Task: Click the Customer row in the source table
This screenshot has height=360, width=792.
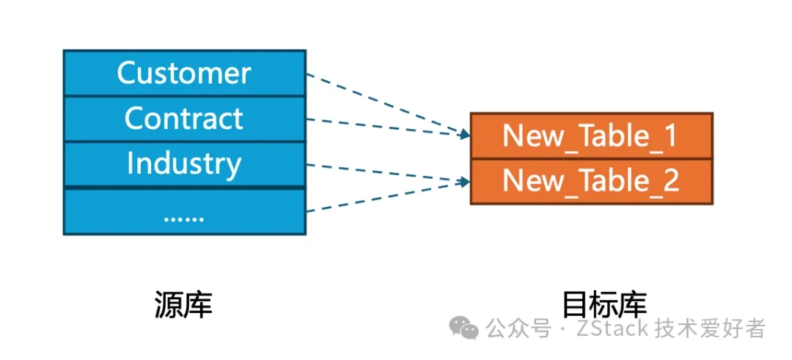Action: pos(184,73)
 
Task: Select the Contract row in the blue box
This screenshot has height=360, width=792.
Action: pos(184,118)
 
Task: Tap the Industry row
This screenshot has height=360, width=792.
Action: pos(184,164)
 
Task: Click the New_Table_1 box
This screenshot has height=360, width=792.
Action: pos(591,136)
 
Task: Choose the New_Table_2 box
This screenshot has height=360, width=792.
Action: pos(591,181)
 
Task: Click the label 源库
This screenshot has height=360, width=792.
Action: pos(183,304)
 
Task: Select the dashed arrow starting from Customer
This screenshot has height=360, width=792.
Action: pos(381,103)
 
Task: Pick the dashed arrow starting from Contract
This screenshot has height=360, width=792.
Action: pos(381,125)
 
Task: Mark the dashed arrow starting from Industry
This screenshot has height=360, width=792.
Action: pos(381,171)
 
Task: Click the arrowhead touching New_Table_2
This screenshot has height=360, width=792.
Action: pos(463,180)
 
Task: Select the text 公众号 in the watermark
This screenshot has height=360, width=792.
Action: pos(518,328)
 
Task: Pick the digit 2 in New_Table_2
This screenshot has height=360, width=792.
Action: pos(670,181)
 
